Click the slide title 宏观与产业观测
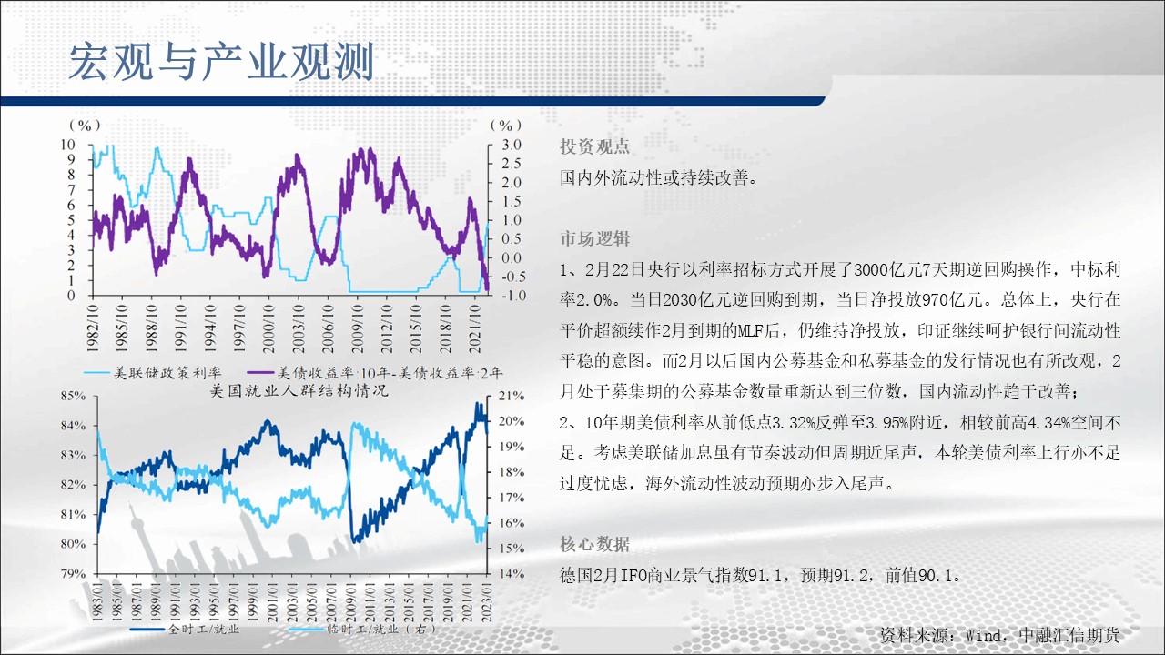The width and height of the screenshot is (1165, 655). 221,63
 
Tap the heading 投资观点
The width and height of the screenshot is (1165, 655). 594,147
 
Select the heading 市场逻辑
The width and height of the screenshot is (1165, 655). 594,238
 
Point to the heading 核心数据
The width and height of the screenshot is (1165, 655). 594,544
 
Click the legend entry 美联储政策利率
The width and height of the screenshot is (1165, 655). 152,373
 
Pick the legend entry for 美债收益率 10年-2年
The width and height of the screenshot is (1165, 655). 374,373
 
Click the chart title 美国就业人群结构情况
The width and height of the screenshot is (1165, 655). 299,390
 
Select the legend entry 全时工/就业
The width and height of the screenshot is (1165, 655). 185,630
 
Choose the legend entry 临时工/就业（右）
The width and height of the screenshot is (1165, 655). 362,630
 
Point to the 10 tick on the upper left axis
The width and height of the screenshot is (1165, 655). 68,144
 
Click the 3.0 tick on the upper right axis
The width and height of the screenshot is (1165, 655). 511,145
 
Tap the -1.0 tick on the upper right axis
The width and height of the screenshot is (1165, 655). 512,296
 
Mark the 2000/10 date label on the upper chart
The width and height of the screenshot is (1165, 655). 268,329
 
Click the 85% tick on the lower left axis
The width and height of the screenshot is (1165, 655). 74,396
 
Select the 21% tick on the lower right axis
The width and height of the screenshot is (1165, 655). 512,396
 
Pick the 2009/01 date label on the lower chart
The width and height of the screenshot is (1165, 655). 350,601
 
